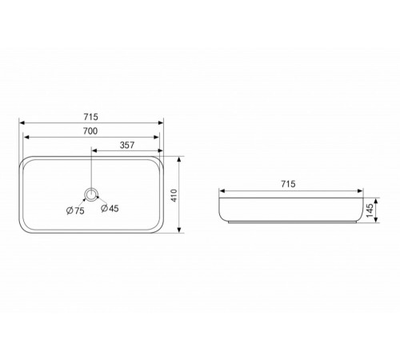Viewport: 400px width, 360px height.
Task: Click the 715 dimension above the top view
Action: click(91, 117)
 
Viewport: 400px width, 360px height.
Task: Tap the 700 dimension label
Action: click(90, 131)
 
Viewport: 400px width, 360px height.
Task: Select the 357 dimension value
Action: click(127, 146)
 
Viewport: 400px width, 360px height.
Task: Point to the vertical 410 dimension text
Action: click(174, 195)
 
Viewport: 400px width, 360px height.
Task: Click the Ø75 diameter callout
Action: click(75, 210)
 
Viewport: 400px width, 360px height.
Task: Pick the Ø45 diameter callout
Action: click(110, 208)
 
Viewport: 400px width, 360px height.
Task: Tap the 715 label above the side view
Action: click(288, 184)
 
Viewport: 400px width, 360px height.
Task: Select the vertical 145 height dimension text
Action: click(370, 210)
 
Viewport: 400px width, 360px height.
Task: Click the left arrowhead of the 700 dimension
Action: click(26, 137)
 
